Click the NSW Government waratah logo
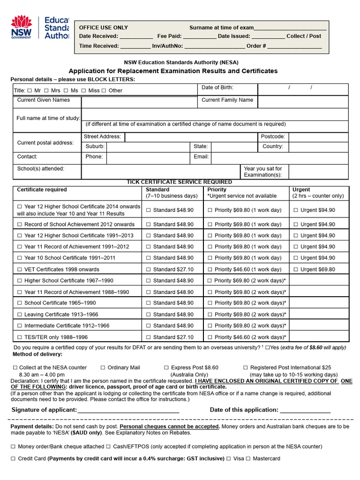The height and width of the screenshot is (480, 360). click(x=21, y=27)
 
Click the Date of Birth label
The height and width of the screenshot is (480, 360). click(x=217, y=88)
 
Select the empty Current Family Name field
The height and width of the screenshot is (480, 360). click(x=303, y=102)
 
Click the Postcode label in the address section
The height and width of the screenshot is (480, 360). click(x=272, y=137)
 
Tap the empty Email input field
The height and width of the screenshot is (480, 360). click(x=279, y=157)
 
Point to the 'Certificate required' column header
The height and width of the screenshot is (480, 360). click(x=42, y=190)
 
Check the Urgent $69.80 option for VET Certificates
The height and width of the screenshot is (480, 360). click(x=296, y=270)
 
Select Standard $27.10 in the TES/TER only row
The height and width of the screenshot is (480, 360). click(x=149, y=337)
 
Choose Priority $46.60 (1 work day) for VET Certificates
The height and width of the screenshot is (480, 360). click(x=210, y=270)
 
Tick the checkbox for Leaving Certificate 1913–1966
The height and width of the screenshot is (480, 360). click(x=20, y=315)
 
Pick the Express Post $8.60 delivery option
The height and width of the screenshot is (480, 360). click(x=167, y=368)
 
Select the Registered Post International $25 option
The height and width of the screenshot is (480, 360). click(x=246, y=368)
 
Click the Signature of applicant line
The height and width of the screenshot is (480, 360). click(x=128, y=410)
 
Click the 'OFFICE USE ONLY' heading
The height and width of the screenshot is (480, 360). click(x=103, y=28)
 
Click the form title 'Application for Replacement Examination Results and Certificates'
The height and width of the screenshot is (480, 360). click(x=173, y=71)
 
